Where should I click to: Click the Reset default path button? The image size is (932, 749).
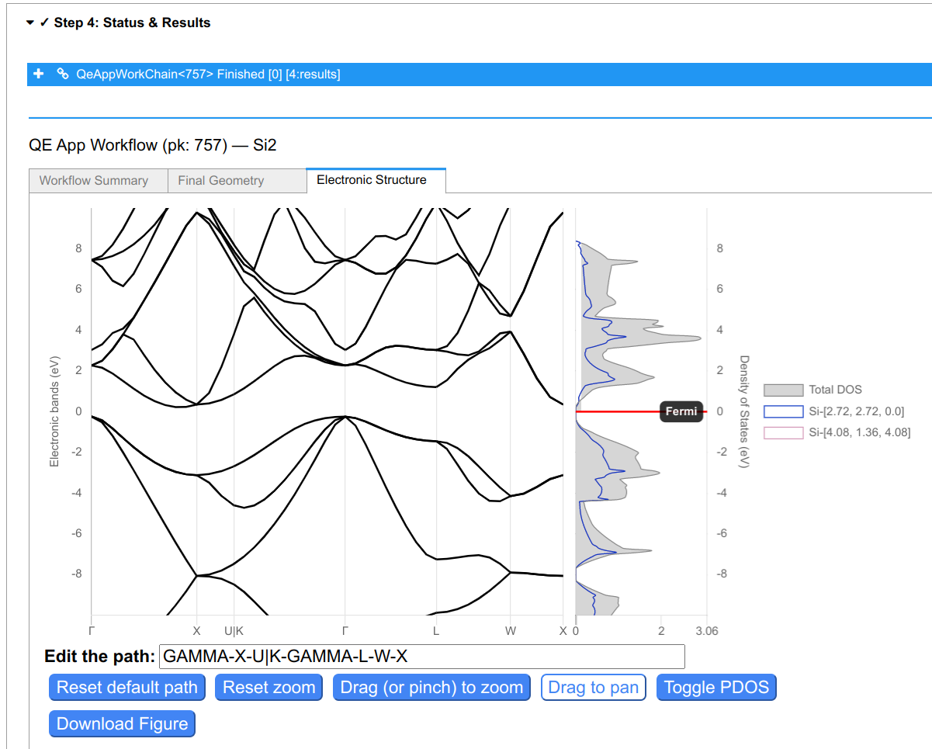click(127, 687)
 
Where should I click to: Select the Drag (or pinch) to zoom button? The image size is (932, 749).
click(431, 687)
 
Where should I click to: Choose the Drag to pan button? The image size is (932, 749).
click(594, 687)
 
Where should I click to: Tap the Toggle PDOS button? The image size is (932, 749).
click(716, 687)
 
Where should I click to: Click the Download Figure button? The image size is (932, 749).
click(122, 723)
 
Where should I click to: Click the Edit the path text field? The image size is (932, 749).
click(422, 657)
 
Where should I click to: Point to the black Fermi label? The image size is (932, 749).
click(681, 411)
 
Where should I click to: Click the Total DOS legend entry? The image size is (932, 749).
click(813, 390)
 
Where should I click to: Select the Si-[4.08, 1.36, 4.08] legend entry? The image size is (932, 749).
click(837, 432)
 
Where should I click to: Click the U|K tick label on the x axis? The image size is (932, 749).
click(234, 631)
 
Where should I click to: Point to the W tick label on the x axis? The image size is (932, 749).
click(511, 631)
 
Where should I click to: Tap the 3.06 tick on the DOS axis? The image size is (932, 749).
click(707, 631)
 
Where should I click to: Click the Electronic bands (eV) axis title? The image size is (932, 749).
click(54, 411)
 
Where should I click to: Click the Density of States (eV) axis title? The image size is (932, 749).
click(744, 411)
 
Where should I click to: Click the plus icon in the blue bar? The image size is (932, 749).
click(39, 74)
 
